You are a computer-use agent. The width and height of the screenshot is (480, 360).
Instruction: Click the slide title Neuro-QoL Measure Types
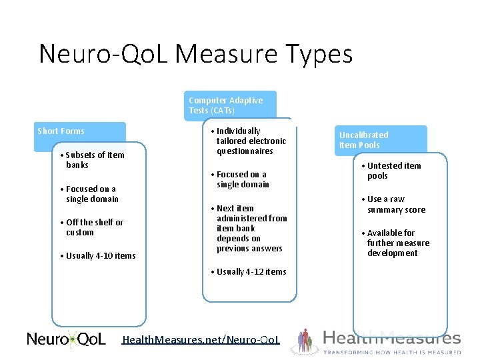(x=195, y=54)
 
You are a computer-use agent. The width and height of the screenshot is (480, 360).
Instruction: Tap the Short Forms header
(x=61, y=131)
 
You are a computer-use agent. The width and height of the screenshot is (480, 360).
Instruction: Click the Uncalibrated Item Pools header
(x=364, y=140)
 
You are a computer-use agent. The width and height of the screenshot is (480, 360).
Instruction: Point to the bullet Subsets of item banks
(x=94, y=160)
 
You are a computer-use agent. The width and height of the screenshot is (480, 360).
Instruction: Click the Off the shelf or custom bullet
(x=94, y=227)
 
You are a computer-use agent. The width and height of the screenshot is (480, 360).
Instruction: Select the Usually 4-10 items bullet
(x=100, y=256)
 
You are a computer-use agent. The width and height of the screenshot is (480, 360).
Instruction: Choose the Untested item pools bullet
(x=393, y=171)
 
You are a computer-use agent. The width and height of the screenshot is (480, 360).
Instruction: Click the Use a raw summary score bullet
(x=395, y=205)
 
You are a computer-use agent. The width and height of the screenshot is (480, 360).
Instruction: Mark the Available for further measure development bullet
(x=397, y=243)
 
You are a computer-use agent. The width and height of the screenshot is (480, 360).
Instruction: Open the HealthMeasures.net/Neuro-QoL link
(x=201, y=341)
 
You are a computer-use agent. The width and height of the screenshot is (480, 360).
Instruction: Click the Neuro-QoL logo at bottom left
(x=66, y=339)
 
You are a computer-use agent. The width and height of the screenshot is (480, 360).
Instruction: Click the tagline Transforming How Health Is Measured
(x=392, y=352)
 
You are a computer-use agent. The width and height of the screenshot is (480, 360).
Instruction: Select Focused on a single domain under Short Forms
(x=91, y=194)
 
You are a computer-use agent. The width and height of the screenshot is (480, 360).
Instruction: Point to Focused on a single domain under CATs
(x=242, y=179)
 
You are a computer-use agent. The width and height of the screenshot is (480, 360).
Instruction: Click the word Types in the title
(x=319, y=54)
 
